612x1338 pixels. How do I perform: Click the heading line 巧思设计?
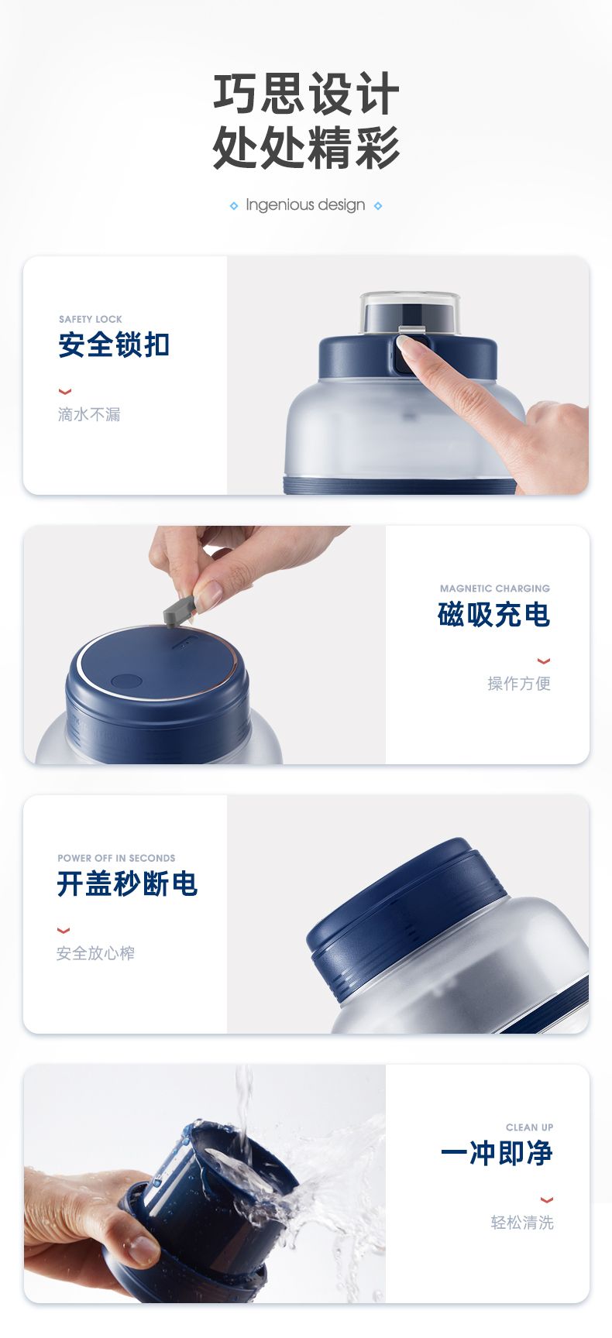point(306,94)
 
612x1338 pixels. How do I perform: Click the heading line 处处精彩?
point(306,147)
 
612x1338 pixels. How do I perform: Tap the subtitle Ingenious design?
point(305,205)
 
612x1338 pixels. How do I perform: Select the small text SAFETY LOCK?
point(91,319)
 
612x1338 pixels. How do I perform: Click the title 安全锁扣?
point(114,345)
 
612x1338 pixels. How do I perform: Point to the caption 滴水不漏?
point(89,414)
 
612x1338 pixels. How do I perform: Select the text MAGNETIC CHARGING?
point(495,588)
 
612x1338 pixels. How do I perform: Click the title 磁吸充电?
point(494,615)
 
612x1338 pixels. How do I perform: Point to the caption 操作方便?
point(519,683)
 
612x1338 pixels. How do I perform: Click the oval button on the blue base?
point(126,681)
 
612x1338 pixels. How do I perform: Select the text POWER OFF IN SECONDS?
point(116,858)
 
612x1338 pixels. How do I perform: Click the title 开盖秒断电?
point(128,883)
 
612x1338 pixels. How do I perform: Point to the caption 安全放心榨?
point(95,953)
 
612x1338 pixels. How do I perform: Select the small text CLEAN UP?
point(530,1127)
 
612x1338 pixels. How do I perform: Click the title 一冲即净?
point(497,1153)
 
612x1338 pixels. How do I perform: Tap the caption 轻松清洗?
point(522,1223)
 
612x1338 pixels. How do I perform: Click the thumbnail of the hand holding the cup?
point(205,1183)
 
